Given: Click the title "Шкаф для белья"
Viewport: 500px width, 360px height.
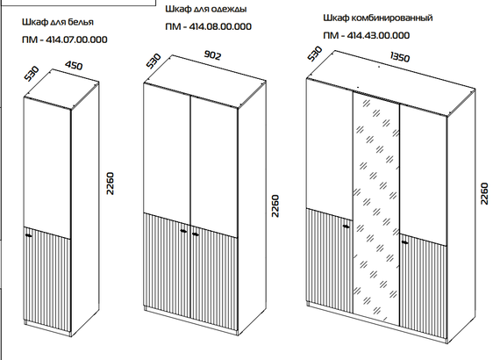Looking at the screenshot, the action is [x=58, y=22].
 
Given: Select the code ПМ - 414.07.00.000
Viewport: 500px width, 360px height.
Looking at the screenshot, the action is [x=65, y=40].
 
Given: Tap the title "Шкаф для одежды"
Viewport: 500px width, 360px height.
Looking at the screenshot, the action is [x=206, y=9].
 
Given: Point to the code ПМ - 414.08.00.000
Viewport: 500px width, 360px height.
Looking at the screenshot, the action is [x=209, y=26].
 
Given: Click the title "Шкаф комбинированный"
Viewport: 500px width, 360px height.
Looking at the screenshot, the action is [x=378, y=18].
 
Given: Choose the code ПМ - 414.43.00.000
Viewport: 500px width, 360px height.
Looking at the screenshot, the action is [x=367, y=35].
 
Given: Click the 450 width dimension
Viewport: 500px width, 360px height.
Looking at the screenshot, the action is [x=74, y=66].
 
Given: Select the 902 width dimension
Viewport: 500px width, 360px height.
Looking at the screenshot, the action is [x=212, y=55].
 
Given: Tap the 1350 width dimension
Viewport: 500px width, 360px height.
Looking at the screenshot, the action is [x=400, y=57].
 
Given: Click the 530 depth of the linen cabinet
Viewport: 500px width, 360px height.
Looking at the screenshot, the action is [x=32, y=74].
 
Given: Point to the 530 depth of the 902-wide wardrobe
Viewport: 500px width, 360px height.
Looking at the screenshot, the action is [x=154, y=61].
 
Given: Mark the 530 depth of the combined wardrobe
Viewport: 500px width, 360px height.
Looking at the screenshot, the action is [x=315, y=54].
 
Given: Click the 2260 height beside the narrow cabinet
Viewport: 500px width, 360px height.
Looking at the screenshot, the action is [x=110, y=184].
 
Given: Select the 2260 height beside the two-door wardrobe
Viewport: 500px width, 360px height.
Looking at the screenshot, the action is [x=275, y=205].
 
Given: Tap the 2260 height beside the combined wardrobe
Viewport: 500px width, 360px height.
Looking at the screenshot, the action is [x=484, y=193].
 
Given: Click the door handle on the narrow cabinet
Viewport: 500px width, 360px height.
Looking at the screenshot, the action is [x=29, y=235].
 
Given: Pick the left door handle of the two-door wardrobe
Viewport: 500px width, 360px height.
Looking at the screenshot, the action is [x=183, y=231].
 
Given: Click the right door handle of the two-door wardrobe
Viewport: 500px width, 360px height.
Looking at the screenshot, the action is [x=196, y=234].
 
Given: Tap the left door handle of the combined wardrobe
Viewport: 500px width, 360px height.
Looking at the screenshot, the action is [x=346, y=227].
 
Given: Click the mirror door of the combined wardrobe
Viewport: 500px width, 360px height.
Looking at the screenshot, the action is [x=376, y=208].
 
